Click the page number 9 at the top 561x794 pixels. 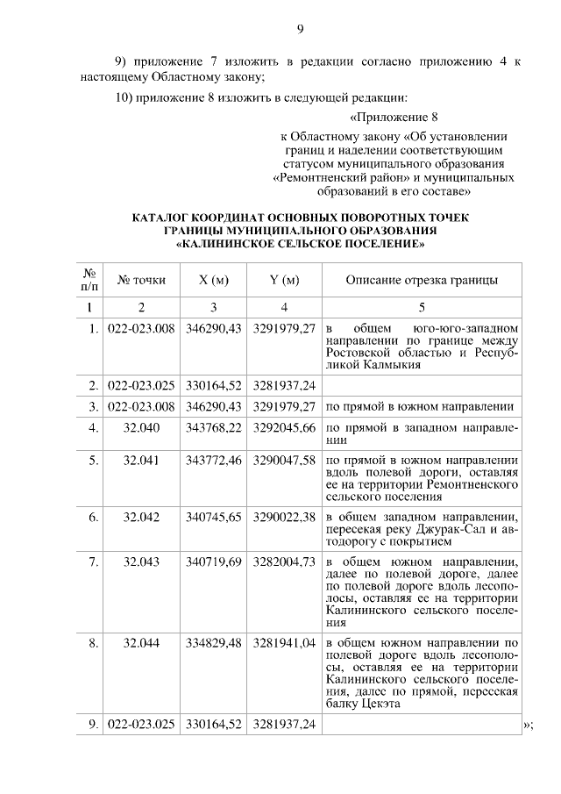pos(299,29)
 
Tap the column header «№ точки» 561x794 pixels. pos(141,280)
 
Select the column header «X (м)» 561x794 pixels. pos(214,280)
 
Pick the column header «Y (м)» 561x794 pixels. pos(284,280)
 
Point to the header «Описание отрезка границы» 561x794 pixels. pos(422,280)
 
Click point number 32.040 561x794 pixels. pos(141,427)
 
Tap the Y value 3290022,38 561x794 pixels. pos(284,517)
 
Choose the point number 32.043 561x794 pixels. pos(141,562)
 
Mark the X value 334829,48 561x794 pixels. pos(214,643)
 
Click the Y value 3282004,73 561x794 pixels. pos(284,562)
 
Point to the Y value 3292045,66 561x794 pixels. pos(284,427)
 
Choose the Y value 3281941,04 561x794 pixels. pos(284,643)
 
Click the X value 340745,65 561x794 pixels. pos(214,517)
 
